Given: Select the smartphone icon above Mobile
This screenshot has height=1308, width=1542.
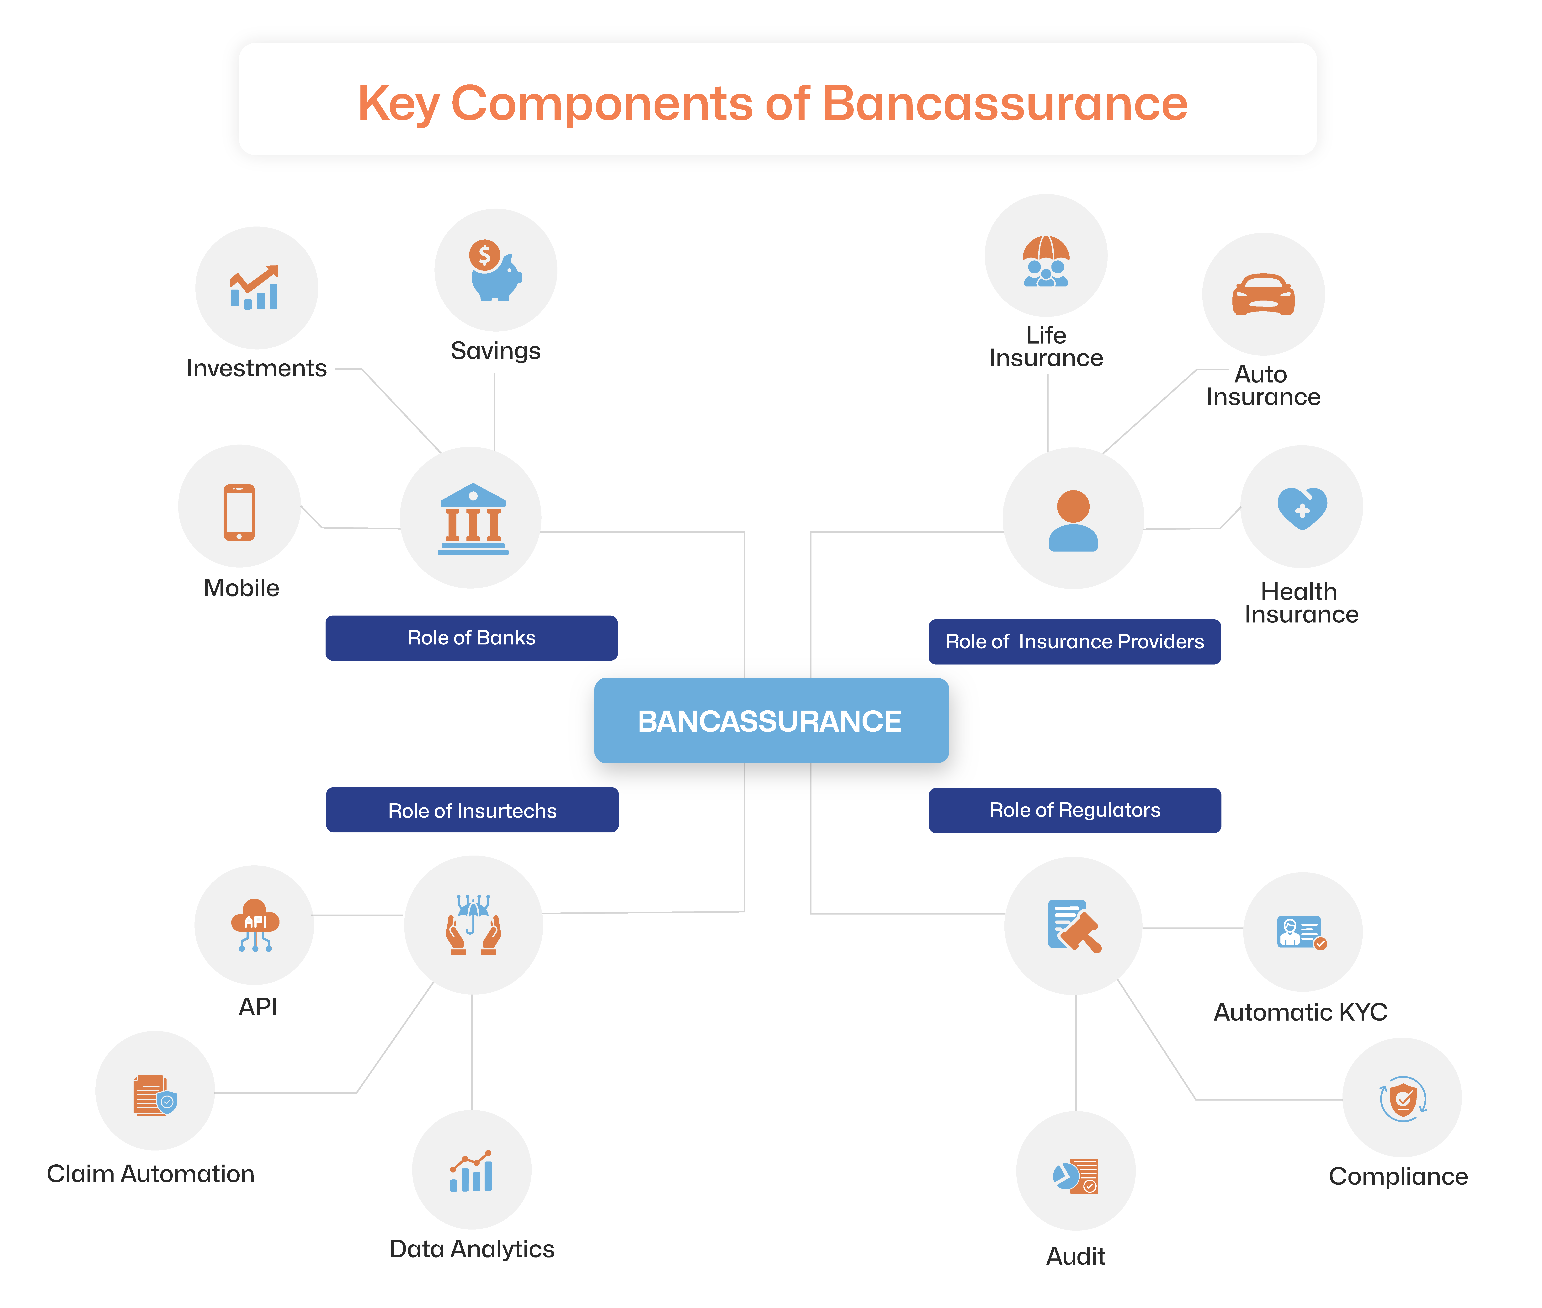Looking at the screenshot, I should point(239,512).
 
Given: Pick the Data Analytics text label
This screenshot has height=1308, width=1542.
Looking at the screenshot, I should point(471,1249).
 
